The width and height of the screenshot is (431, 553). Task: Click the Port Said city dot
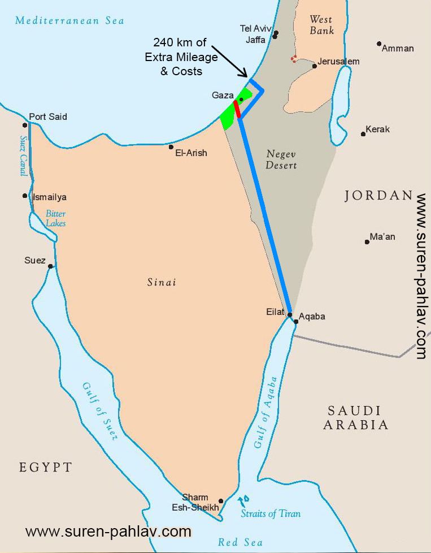[25, 125]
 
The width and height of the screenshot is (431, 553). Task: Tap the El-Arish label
[191, 153]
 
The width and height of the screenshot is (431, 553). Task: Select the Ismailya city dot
[25, 196]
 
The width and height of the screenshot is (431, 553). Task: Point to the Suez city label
[35, 261]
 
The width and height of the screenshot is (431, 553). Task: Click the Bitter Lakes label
[55, 218]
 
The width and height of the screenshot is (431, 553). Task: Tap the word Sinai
[162, 282]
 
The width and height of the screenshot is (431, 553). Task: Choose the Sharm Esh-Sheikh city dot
[221, 501]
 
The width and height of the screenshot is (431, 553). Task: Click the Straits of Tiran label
[271, 514]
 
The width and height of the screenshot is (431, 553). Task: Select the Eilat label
[276, 312]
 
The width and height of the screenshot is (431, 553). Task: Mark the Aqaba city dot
[296, 321]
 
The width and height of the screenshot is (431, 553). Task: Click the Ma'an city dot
[367, 241]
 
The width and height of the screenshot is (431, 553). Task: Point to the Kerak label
[377, 129]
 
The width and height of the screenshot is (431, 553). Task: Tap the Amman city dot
[379, 44]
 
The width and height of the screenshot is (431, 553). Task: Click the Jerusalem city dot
[314, 66]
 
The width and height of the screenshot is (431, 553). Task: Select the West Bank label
[321, 25]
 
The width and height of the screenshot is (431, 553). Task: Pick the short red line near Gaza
[237, 109]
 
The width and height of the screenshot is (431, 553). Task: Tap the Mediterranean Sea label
[69, 21]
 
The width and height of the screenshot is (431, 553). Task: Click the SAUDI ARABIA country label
[355, 418]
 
